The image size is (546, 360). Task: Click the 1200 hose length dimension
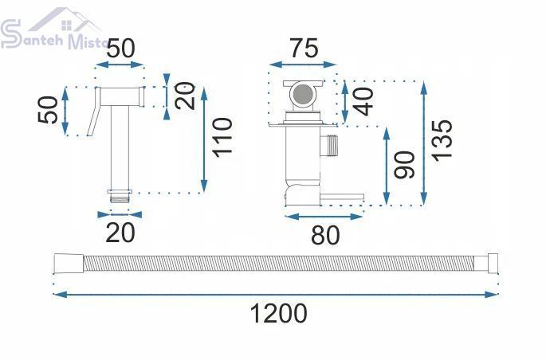(278, 313)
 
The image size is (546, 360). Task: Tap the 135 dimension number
(442, 140)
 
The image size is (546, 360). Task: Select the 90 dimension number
(405, 165)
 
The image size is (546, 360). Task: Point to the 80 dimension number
(325, 235)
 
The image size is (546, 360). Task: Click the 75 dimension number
(304, 48)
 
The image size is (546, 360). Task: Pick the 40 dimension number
(364, 102)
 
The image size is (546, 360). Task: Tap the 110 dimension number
(223, 138)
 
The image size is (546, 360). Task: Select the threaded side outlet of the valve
(329, 145)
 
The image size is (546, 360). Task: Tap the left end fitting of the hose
(69, 264)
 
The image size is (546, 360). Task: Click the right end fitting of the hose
(493, 264)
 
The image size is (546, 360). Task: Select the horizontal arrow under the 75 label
(303, 65)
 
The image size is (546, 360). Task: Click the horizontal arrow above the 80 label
(324, 217)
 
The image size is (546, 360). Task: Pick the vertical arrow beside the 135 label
(424, 143)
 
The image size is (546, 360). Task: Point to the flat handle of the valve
(342, 198)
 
